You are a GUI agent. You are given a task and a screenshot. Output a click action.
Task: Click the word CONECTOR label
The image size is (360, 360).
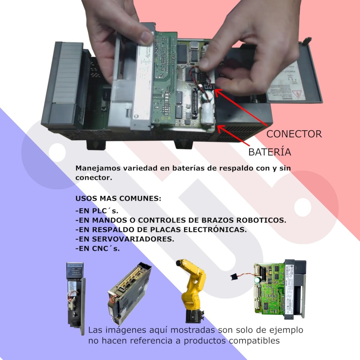tap(294, 134)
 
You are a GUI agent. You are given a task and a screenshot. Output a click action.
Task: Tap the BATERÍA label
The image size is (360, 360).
tap(270, 152)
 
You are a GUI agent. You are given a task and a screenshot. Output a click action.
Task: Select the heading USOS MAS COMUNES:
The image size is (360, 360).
tap(118, 198)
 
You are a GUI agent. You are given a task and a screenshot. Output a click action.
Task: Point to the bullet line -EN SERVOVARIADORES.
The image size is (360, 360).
tap(125, 239)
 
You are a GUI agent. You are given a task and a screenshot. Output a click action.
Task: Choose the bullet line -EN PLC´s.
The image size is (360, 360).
tap(97, 211)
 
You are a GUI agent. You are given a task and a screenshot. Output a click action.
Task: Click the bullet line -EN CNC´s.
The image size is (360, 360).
tap(98, 249)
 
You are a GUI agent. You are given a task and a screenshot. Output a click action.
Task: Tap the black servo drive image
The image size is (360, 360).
tap(129, 294)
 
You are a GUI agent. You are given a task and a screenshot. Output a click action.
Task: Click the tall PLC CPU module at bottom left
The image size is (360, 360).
tap(76, 295)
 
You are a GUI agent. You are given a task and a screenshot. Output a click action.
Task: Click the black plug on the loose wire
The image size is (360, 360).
tap(233, 277)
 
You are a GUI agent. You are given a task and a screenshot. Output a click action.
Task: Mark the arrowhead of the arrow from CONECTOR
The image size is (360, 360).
tap(216, 90)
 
